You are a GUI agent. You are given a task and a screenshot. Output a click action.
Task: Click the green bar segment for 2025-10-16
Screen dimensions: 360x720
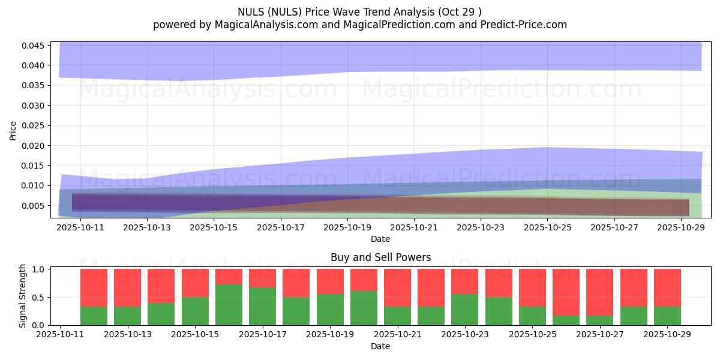tap(229, 305)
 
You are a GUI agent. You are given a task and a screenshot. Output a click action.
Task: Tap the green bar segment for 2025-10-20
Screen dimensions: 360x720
tap(364, 308)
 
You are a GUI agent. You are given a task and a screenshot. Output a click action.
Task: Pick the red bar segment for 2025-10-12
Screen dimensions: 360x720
tap(94, 288)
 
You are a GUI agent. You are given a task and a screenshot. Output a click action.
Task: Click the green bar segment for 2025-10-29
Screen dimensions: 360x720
tap(667, 316)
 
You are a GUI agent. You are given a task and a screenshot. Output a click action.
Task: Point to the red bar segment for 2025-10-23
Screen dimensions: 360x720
tap(465, 281)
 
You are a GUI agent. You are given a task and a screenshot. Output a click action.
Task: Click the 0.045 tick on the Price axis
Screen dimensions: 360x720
tap(33, 46)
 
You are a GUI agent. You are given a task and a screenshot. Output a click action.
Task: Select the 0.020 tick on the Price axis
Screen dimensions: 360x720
tap(33, 146)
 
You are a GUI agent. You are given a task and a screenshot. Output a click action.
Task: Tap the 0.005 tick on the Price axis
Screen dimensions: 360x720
tap(33, 206)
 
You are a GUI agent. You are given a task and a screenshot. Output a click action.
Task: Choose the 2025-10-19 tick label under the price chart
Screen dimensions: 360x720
tap(347, 228)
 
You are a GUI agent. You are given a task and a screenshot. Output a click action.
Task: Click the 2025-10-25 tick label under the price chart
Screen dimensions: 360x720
tap(547, 228)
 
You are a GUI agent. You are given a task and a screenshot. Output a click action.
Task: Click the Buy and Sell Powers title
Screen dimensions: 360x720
tap(380, 257)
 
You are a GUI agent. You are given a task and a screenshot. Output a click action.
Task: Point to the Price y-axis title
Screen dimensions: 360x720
tap(13, 130)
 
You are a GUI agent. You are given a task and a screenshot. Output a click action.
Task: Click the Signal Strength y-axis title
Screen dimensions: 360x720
tap(23, 296)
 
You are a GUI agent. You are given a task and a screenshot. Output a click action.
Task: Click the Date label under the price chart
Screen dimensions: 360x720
tap(380, 239)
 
